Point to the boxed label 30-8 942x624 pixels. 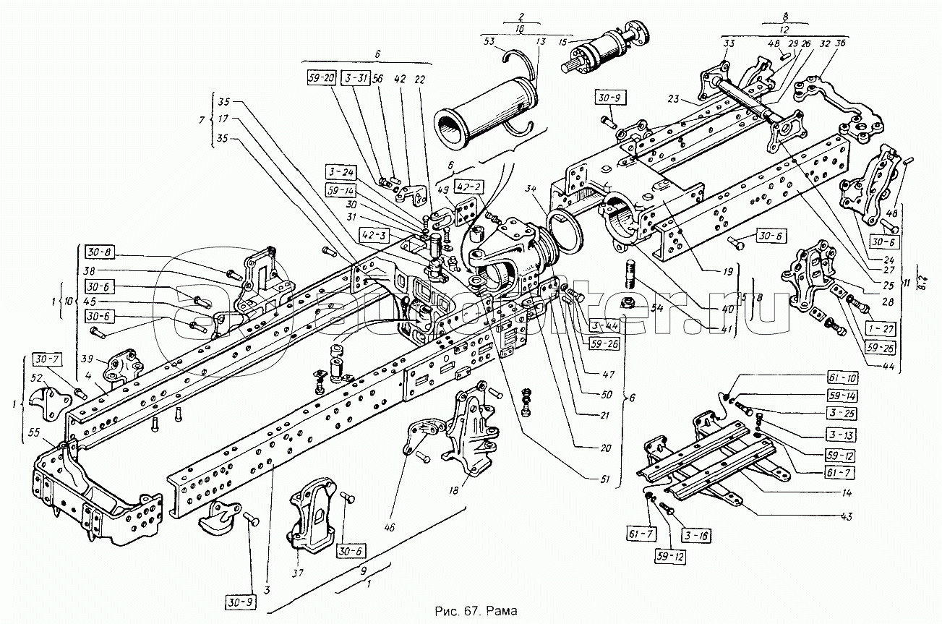(98, 254)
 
